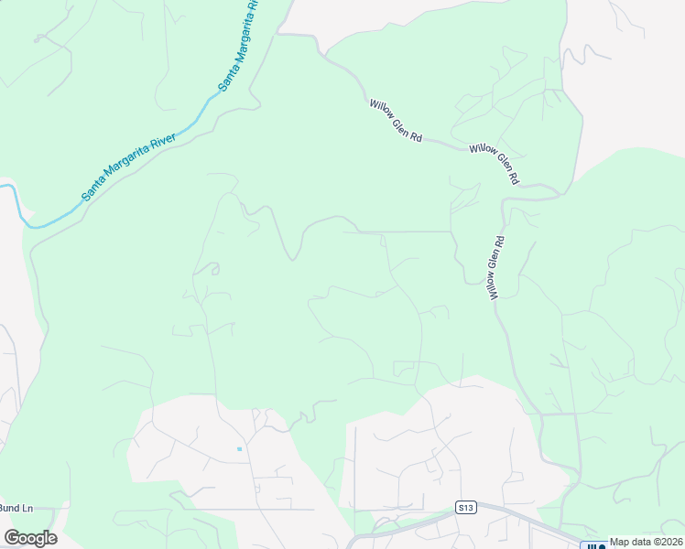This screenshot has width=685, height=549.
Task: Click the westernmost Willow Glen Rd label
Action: [396, 121]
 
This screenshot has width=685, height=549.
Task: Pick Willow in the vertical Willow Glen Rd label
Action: [493, 287]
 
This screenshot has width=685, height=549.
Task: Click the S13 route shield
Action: [465, 507]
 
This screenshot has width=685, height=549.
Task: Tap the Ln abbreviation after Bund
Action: [27, 508]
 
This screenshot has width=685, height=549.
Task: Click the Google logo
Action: [30, 538]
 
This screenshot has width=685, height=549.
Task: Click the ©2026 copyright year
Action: [669, 542]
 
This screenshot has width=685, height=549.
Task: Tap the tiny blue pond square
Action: [239, 448]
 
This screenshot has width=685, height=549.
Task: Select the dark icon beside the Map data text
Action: [593, 545]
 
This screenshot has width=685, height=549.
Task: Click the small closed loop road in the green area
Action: [212, 268]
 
